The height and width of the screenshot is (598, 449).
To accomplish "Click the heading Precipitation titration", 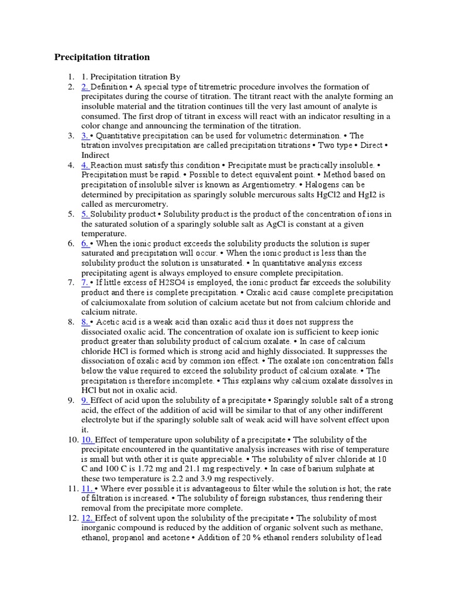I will tap(102, 57).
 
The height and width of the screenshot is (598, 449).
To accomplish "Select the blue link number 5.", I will tap(85, 214).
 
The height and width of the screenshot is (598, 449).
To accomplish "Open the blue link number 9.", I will tap(85, 401).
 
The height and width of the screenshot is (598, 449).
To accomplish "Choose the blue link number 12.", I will tap(87, 518).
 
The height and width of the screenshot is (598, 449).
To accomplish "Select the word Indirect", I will tap(95, 155).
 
